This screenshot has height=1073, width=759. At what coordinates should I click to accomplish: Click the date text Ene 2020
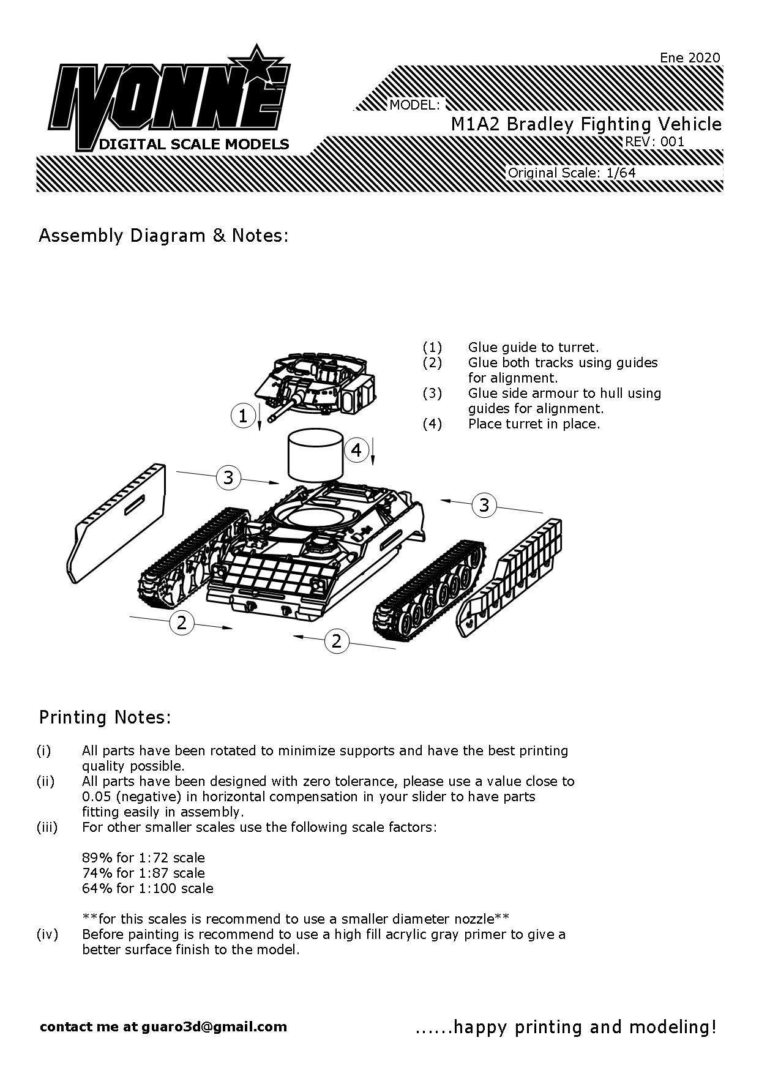(x=690, y=58)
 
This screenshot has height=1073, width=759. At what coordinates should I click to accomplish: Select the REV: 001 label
(x=654, y=142)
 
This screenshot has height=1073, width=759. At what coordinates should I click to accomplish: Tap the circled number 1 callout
(x=242, y=416)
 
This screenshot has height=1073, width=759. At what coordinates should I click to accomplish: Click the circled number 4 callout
(x=356, y=451)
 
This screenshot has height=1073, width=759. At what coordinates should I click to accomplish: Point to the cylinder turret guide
(x=315, y=455)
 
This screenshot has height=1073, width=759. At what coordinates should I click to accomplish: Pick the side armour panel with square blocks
(x=509, y=577)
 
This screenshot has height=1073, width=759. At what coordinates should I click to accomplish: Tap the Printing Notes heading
(x=105, y=717)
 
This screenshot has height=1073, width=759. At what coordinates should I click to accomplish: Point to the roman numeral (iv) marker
(x=48, y=935)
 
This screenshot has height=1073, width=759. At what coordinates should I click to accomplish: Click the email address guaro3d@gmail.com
(x=214, y=1026)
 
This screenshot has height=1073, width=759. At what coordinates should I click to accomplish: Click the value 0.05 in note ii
(x=96, y=796)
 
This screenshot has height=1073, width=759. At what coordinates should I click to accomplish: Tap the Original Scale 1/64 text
(x=572, y=173)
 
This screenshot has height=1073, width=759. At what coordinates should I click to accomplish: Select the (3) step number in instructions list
(x=432, y=393)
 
